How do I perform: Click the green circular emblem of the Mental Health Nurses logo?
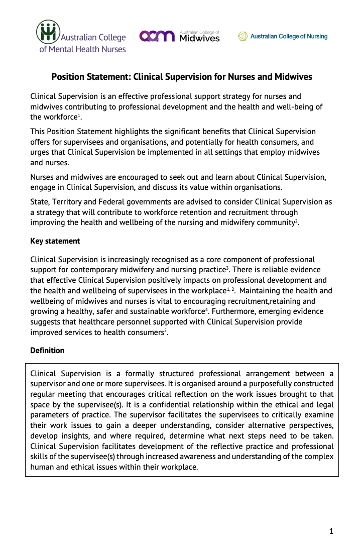48,32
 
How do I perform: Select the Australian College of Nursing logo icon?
243,36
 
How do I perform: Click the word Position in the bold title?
68,77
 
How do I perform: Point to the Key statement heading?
55,241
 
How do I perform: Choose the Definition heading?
47,350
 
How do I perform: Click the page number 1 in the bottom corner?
331,531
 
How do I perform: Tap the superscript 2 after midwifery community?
297,220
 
